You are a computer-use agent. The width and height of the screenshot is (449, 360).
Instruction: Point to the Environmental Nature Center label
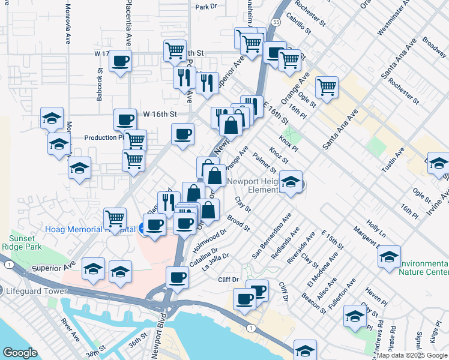tap(424, 268)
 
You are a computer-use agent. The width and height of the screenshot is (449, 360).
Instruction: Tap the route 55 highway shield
tap(274, 21)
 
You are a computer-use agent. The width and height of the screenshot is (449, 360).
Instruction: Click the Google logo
tap(20, 353)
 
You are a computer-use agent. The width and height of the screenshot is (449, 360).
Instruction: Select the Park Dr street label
tap(205, 7)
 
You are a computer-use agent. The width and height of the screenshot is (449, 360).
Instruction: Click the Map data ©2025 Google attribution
tap(412, 355)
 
